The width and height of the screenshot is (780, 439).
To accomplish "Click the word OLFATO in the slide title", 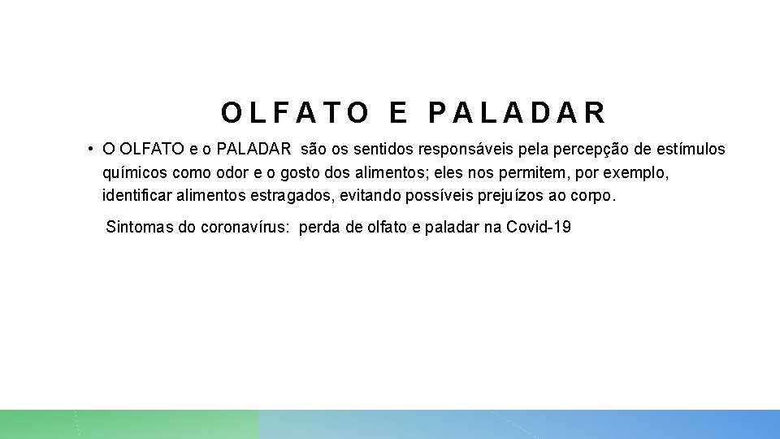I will point(295,113).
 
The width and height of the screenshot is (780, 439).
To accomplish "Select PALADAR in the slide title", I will point(517,113).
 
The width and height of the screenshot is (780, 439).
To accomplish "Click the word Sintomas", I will point(140,227).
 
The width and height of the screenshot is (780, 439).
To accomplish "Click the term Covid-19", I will point(539,227).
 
